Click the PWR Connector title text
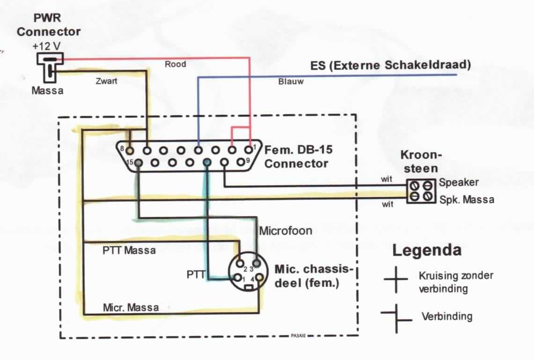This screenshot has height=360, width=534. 49,25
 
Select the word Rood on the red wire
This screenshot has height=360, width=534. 175,64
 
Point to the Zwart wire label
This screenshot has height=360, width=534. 106,81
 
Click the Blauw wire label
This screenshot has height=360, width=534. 291,81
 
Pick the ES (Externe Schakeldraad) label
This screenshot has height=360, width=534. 390,65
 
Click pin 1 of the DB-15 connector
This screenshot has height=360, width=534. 248,150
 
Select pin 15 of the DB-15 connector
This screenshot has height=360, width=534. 139,162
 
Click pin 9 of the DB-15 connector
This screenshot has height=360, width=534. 241,162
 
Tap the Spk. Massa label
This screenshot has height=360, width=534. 466,199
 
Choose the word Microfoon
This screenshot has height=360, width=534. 285,230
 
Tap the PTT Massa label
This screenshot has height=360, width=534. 129,250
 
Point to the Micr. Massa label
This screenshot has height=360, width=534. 131,308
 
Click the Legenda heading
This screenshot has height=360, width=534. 426,250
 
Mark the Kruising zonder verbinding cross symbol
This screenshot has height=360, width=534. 396,279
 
